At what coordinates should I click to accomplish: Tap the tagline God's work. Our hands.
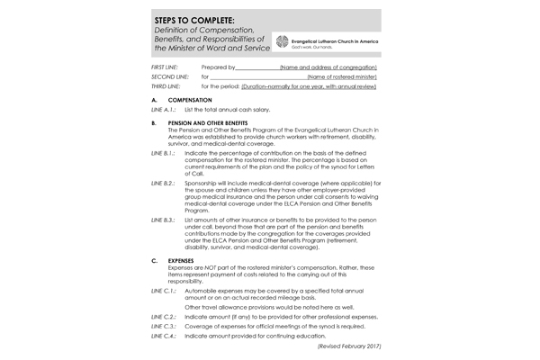point(309,48)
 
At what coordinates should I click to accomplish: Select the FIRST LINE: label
point(166,67)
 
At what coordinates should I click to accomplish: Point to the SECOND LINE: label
point(170,77)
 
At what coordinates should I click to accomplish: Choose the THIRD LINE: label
point(167,86)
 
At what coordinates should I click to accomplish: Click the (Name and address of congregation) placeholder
point(328,67)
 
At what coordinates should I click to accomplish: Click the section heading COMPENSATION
point(192,99)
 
